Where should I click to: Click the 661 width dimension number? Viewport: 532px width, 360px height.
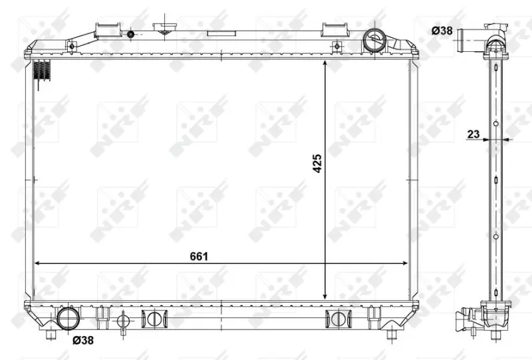[199, 256]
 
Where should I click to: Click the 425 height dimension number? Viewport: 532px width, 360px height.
[317, 164]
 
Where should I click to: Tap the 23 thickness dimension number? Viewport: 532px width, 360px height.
[473, 134]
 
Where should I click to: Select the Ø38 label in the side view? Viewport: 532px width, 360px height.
[442, 31]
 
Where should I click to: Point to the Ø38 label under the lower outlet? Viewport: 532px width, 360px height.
[83, 339]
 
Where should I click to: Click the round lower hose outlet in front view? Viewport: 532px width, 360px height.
[68, 319]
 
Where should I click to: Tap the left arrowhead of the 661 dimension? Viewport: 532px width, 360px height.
[38, 263]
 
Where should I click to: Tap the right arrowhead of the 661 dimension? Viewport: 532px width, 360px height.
[404, 263]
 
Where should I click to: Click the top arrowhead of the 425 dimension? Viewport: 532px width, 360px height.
[325, 64]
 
